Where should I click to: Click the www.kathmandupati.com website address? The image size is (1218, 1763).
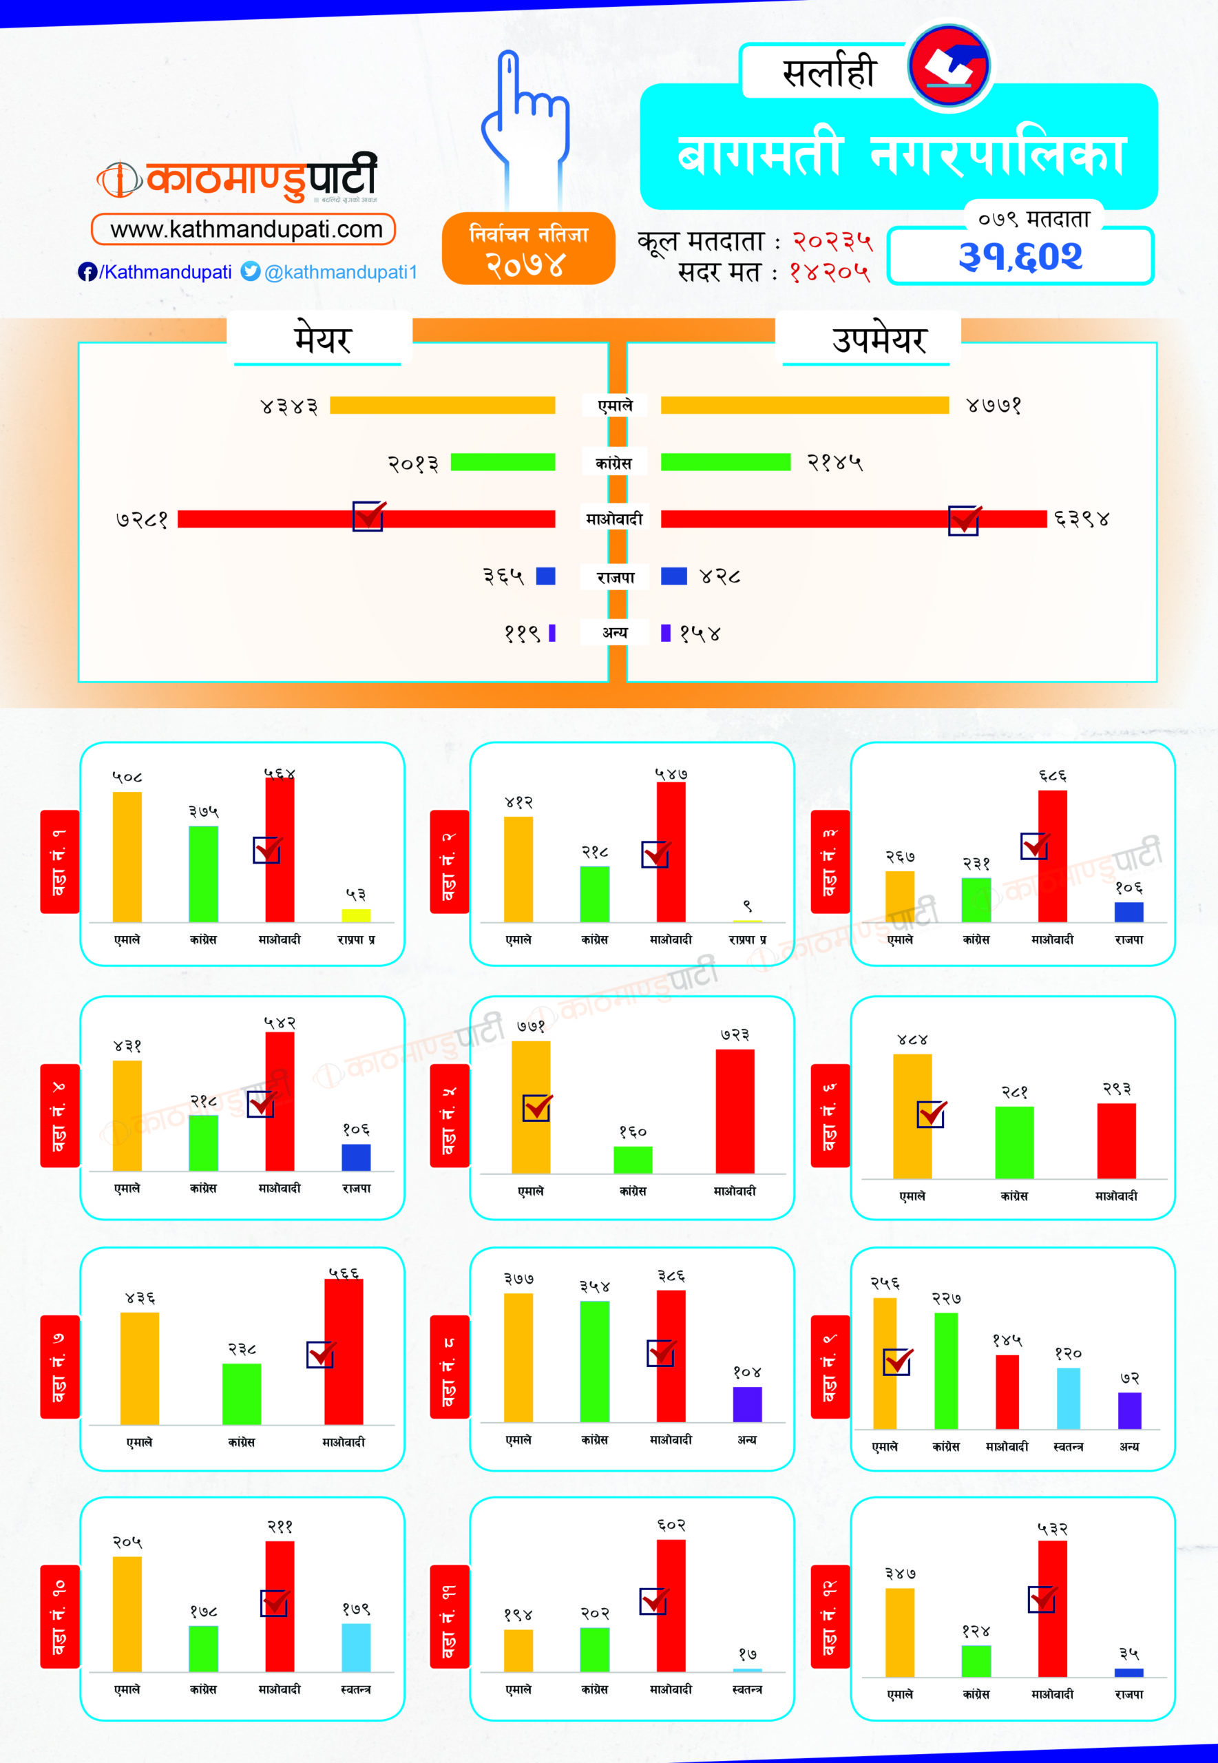coord(244,229)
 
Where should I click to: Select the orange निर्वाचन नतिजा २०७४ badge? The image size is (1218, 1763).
coord(528,249)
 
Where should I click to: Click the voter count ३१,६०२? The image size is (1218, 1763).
coord(1020,256)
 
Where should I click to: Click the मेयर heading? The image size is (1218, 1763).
coord(322,340)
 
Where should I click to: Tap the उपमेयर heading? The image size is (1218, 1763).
coord(879,340)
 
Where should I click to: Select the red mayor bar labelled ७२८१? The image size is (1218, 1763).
coord(366,519)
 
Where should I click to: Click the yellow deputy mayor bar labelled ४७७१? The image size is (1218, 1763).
coord(804,405)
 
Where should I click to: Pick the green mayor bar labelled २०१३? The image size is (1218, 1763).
coord(502,461)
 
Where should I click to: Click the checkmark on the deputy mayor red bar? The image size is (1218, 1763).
coord(965,520)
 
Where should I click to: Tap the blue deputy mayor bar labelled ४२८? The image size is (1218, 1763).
coord(673,576)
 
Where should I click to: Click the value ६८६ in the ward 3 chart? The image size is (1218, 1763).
coord(1051,775)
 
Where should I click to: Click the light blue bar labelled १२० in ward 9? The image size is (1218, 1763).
coord(1068,1397)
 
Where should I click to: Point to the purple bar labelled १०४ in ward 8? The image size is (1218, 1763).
coord(746,1404)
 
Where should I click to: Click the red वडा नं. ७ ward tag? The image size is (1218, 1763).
coord(59,1366)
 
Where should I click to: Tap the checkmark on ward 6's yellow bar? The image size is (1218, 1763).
coord(931,1114)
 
